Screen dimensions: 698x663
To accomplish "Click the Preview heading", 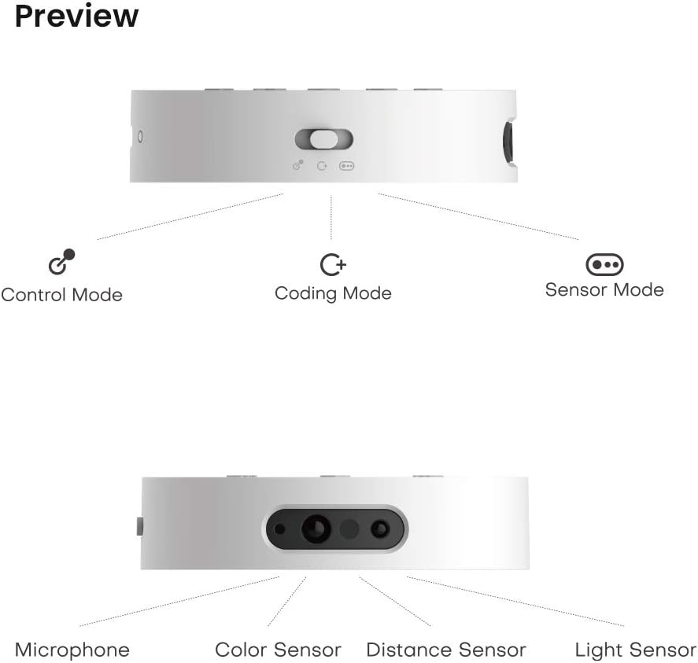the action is click(76, 17).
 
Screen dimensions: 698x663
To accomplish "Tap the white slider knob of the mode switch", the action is click(323, 139).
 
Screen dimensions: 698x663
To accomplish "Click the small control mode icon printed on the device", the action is click(298, 165).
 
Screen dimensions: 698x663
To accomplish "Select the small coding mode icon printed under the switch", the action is click(322, 166).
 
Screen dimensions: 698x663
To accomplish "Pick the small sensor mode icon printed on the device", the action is click(347, 166).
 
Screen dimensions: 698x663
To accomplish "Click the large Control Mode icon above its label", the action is click(62, 262).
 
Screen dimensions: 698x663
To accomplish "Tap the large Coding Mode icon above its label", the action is click(333, 265).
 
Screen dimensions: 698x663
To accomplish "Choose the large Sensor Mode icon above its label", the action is click(604, 265).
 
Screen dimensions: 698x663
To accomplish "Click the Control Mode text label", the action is click(62, 295).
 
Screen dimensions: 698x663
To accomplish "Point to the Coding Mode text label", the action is click(333, 293).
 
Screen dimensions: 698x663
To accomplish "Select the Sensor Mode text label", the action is click(604, 289).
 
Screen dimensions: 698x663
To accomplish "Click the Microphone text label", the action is click(72, 650).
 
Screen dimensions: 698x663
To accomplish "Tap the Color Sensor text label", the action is click(278, 650).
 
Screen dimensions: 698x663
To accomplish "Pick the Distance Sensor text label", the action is click(446, 650).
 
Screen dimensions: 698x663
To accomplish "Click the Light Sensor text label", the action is click(636, 650).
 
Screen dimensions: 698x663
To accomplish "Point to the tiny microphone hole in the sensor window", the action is click(279, 529).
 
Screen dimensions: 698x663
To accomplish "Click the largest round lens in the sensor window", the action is click(316, 529).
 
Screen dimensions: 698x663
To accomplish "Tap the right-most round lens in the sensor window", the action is click(380, 529).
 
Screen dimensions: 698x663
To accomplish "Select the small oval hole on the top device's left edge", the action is click(141, 137).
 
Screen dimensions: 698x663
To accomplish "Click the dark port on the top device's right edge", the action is click(508, 142).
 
